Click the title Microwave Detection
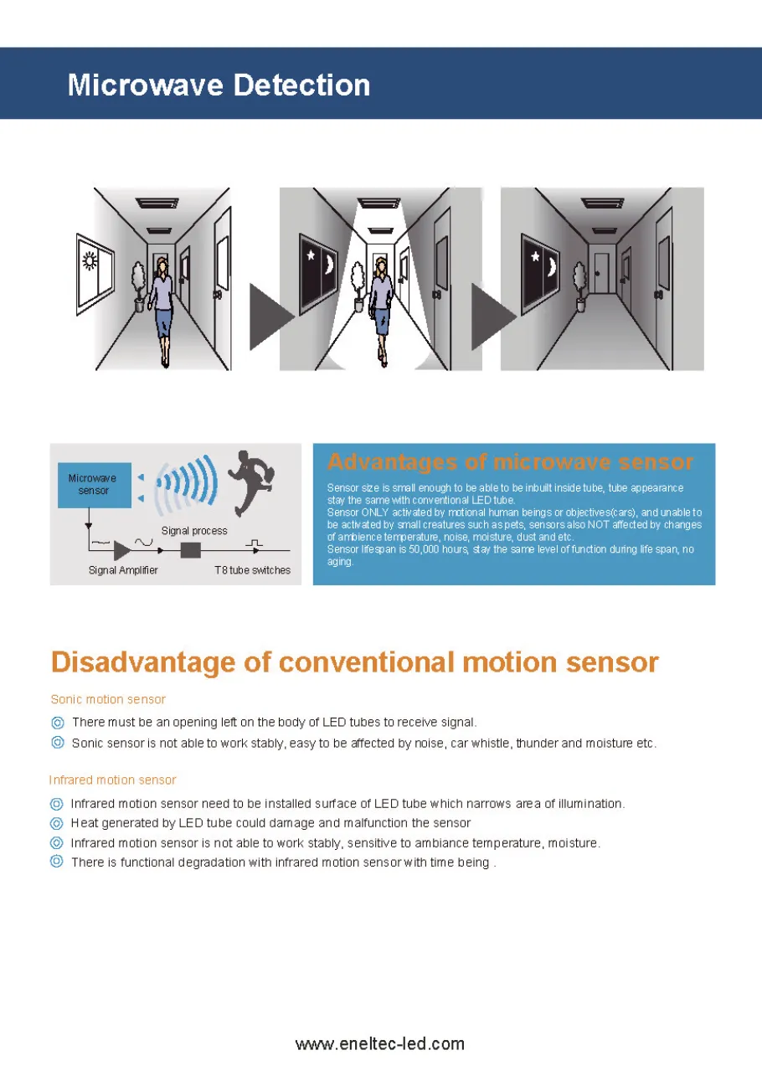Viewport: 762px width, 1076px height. [x=219, y=85]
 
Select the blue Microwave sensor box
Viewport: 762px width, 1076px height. [x=93, y=484]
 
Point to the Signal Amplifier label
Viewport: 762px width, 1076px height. [x=123, y=570]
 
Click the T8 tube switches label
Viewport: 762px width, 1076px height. [x=252, y=570]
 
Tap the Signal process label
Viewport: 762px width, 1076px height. [x=193, y=531]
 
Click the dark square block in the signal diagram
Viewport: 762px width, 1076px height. [x=191, y=550]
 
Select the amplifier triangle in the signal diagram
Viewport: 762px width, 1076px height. [x=122, y=550]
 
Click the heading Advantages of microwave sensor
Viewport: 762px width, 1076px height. [x=510, y=462]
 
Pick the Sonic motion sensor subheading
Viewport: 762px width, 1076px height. [x=108, y=699]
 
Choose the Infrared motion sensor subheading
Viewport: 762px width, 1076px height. [x=112, y=780]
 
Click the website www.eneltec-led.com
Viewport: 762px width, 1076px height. [x=379, y=1043]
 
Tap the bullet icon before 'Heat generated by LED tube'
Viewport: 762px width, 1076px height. [x=57, y=823]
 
